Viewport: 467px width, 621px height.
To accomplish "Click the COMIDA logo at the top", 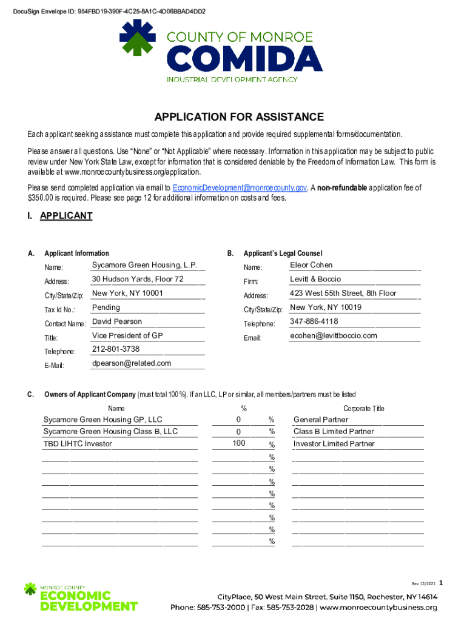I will [221, 50].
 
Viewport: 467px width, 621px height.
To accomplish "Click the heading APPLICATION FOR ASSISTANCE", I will [239, 117].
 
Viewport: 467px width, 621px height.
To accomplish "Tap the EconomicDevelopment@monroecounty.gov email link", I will [240, 188].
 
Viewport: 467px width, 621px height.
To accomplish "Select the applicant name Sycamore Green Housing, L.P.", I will [144, 266].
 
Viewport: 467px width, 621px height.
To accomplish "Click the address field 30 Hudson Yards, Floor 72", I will [137, 280].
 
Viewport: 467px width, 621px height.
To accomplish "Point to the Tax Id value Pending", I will [106, 307].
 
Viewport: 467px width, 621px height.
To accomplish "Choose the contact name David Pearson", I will [117, 321].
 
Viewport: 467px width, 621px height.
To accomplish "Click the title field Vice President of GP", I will [127, 335].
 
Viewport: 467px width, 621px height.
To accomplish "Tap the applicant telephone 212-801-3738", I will [116, 349].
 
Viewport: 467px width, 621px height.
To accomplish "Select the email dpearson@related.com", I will [132, 363].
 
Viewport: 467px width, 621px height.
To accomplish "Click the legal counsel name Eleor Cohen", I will [311, 265].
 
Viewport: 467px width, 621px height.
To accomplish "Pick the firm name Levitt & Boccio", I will [315, 279].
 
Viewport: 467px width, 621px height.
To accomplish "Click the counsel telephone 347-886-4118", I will [314, 321].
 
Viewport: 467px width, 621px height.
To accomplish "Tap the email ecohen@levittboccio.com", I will [334, 335].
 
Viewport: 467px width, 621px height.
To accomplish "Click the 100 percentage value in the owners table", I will [239, 443].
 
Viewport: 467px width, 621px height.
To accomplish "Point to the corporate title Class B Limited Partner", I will [334, 432].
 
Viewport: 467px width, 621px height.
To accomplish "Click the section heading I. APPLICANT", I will [60, 216].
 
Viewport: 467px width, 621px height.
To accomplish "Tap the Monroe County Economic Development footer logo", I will [80, 596].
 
